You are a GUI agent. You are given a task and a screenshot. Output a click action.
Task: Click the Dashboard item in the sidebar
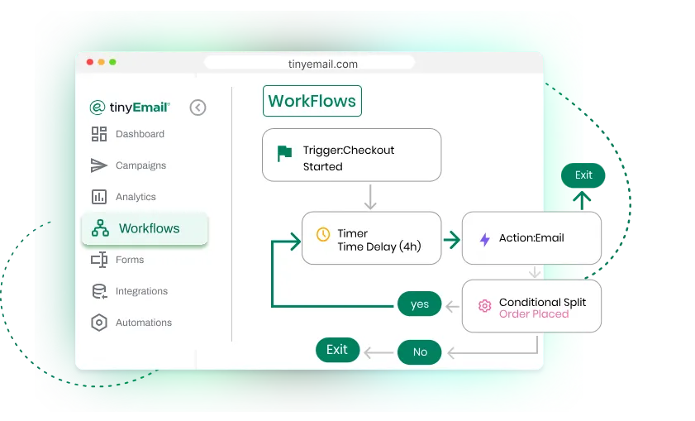127,134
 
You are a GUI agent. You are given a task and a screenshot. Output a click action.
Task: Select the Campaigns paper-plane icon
99,165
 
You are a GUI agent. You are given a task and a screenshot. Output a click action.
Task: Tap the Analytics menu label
136,197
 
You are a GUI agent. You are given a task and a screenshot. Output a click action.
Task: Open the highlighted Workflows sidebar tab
145,228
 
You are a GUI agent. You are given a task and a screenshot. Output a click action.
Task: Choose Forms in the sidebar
117,260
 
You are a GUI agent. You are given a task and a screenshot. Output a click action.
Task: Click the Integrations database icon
99,291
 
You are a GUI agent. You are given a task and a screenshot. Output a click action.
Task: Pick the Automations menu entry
131,323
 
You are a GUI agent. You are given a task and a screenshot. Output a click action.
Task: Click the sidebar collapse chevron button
198,108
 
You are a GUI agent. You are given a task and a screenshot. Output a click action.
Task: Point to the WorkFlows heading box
312,101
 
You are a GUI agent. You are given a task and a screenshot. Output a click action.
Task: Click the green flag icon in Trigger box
284,154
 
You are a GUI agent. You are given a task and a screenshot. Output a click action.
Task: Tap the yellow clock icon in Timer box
323,234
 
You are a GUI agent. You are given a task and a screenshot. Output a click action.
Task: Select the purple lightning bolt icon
485,239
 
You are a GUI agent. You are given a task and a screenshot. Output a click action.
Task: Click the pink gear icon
484,306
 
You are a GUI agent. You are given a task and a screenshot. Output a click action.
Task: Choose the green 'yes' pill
419,304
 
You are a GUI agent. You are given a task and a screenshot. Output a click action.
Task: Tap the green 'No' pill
419,352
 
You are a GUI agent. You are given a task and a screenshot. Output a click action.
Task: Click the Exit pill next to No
337,350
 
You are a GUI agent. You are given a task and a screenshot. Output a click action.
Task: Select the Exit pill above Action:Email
583,175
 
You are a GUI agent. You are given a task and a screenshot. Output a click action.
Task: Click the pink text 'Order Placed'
534,314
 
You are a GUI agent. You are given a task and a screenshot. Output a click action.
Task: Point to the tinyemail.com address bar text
322,64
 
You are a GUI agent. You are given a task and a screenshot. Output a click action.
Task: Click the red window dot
90,62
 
